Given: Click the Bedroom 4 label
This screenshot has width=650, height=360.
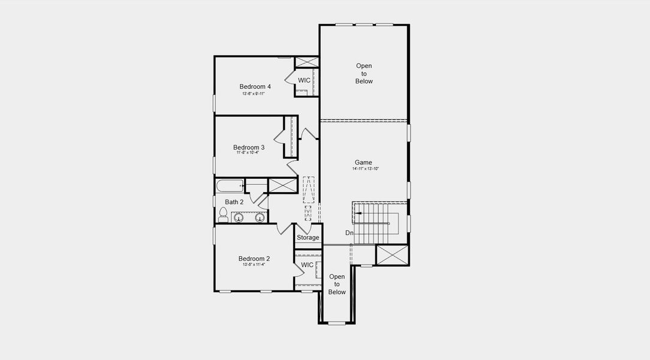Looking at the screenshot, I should pyautogui.click(x=255, y=86).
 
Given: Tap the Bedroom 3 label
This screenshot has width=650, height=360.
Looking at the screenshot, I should pyautogui.click(x=249, y=148).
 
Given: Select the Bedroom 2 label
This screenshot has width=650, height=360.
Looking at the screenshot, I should pyautogui.click(x=255, y=259).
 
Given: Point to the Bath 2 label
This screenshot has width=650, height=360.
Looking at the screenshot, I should pyautogui.click(x=234, y=202).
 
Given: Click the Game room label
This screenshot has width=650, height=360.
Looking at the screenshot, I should pyautogui.click(x=363, y=163).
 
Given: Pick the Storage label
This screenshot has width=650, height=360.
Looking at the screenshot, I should pyautogui.click(x=308, y=238).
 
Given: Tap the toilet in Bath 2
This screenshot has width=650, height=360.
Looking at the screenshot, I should pyautogui.click(x=223, y=214).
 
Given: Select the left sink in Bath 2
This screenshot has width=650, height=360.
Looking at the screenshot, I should pyautogui.click(x=239, y=217).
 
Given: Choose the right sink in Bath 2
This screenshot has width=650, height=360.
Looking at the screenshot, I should pyautogui.click(x=260, y=217).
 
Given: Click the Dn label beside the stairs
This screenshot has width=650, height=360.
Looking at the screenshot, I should pyautogui.click(x=349, y=233).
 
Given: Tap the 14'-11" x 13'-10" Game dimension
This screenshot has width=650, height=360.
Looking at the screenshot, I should pyautogui.click(x=365, y=169).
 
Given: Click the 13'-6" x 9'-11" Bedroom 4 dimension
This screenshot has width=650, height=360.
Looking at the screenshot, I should pyautogui.click(x=254, y=94).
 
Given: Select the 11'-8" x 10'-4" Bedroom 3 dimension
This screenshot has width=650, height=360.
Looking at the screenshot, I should pyautogui.click(x=248, y=153).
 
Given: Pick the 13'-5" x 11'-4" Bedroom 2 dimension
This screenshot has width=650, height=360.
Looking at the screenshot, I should pyautogui.click(x=254, y=265).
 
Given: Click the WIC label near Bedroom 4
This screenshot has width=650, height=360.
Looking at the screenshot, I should pyautogui.click(x=304, y=80).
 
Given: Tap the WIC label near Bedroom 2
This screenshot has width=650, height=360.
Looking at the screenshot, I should pyautogui.click(x=307, y=265).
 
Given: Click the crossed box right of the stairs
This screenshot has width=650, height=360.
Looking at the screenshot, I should pyautogui.click(x=393, y=254).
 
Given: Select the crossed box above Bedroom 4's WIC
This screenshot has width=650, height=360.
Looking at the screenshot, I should pyautogui.click(x=307, y=62).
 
